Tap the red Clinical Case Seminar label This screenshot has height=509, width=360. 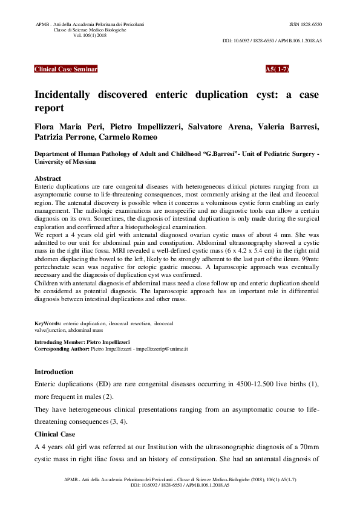(66, 70)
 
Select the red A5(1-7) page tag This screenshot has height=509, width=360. (277, 70)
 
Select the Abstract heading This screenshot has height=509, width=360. (48, 179)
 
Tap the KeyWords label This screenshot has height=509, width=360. (47, 324)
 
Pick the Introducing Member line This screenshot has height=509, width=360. (82, 343)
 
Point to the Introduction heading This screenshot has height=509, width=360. (54, 372)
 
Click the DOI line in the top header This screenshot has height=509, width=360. (272, 41)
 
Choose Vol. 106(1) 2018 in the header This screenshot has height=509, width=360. (90, 36)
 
